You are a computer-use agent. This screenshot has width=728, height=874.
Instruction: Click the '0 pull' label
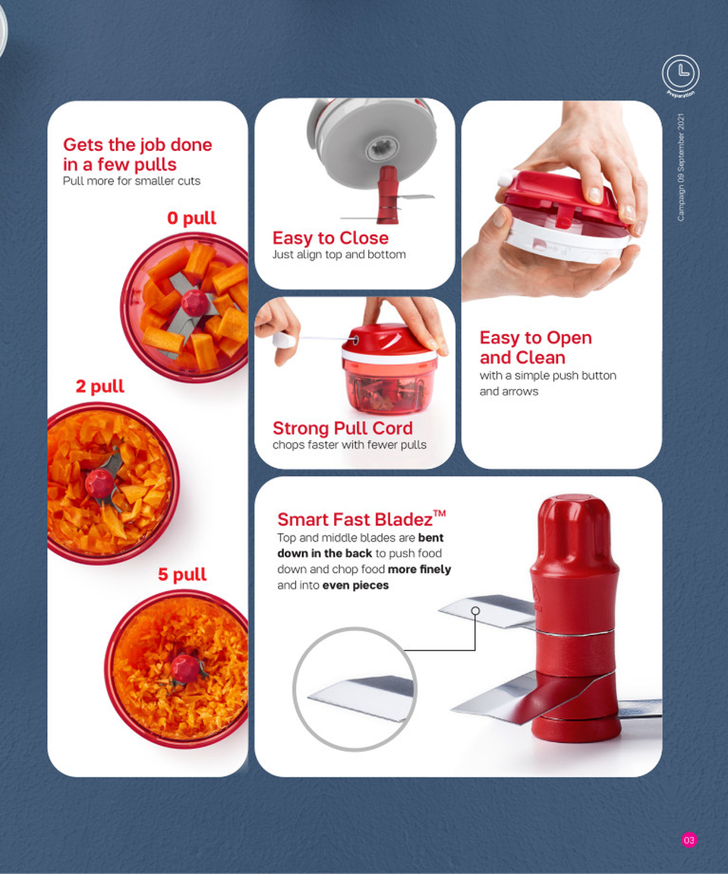tap(191, 218)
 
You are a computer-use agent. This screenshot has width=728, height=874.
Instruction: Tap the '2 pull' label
tap(99, 386)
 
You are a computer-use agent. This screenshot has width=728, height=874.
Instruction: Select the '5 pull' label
tap(181, 574)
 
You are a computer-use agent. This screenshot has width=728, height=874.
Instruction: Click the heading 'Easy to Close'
tap(330, 237)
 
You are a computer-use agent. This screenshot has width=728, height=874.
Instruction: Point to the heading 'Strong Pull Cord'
tap(342, 428)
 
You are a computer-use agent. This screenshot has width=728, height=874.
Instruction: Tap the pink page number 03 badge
tap(689, 840)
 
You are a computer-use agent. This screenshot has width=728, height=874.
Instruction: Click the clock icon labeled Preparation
tap(680, 74)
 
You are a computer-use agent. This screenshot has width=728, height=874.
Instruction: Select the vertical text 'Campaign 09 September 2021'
tap(681, 167)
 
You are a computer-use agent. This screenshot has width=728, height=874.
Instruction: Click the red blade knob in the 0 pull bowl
tap(194, 302)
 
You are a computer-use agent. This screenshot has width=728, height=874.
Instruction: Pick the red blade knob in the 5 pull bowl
tap(184, 668)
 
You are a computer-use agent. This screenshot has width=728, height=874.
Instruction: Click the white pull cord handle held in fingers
tap(284, 341)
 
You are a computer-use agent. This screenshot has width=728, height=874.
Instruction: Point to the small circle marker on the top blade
tap(475, 611)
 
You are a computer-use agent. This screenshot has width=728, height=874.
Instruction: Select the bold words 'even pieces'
tap(355, 585)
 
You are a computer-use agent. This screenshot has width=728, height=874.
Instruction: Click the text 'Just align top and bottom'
tap(339, 255)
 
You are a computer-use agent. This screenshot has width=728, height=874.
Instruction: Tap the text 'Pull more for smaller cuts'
tap(131, 181)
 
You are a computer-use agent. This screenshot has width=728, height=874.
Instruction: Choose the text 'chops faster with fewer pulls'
tap(349, 445)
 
